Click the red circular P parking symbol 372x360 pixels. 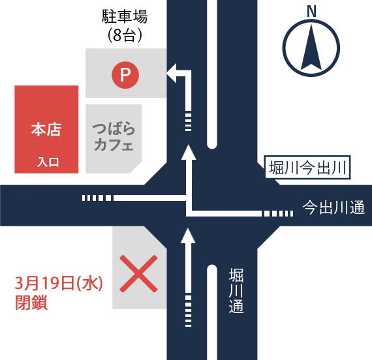tap(125, 75)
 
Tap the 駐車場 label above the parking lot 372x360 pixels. tap(125, 16)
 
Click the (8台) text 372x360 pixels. tap(125, 36)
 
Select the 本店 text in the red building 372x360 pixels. tap(46, 130)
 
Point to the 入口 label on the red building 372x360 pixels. tap(48, 162)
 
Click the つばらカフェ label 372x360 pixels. tap(114, 136)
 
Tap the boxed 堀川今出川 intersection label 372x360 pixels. tap(307, 167)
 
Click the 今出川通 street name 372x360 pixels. tap(333, 207)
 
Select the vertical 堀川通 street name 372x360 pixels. tap(236, 291)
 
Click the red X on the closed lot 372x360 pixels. tap(138, 273)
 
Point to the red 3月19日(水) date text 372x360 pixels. tap(59, 283)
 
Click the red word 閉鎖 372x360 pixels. tap(31, 303)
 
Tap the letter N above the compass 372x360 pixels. tap(311, 11)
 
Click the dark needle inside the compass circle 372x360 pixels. tap(311, 48)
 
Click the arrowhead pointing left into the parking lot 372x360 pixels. tap(171, 73)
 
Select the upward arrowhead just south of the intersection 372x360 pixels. tap(188, 236)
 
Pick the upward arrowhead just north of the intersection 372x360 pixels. tap(189, 152)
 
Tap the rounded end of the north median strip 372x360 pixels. tap(212, 144)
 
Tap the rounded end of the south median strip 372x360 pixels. tap(212, 269)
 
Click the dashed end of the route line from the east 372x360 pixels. tap(279, 213)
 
